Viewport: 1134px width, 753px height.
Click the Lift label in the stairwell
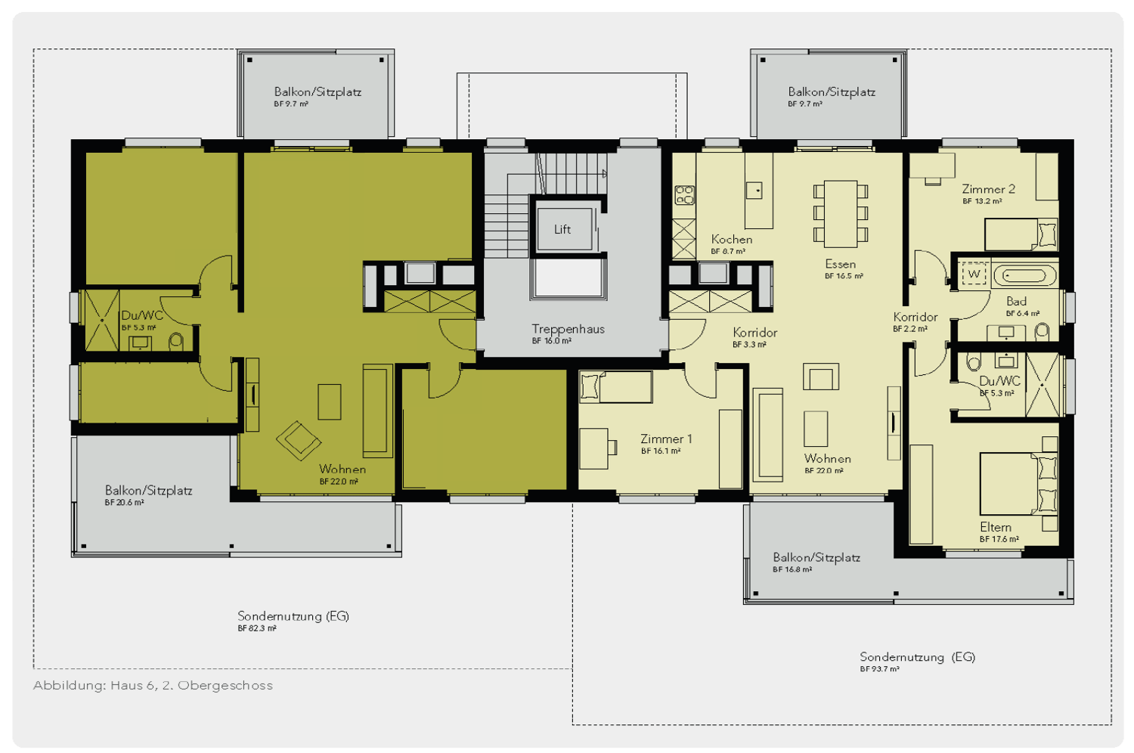coord(562,229)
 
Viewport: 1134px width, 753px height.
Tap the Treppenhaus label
coord(568,329)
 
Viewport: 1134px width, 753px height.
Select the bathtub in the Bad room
coord(1025,276)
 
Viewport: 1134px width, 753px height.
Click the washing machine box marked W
coord(974,274)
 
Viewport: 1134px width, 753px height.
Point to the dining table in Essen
coord(841,214)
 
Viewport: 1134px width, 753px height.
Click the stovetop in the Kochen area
coord(684,195)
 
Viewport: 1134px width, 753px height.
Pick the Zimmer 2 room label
coord(988,190)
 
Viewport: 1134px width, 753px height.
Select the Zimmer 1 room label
coord(666,439)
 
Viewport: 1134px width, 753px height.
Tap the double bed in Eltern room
coord(1018,484)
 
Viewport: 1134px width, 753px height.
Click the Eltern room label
coord(996,527)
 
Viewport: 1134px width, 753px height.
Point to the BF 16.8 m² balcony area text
coord(792,570)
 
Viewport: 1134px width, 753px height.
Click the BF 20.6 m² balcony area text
coord(125,503)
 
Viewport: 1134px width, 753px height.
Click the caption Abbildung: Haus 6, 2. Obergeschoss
coord(153,686)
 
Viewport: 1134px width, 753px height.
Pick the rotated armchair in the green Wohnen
coord(298,441)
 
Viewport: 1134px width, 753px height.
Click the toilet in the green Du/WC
coord(175,341)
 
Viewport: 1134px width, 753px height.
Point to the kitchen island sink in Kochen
coord(754,191)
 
